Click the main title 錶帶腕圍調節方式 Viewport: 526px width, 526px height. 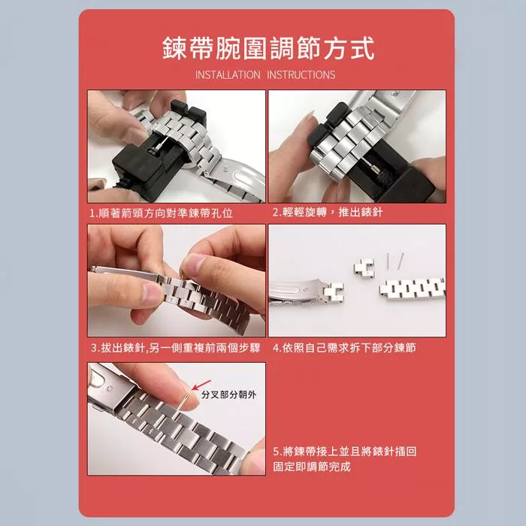click(268, 48)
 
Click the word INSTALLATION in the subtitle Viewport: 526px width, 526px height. click(228, 75)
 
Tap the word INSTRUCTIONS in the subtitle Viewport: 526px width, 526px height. click(301, 75)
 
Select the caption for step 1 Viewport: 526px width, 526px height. click(161, 213)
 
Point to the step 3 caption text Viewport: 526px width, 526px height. click(175, 348)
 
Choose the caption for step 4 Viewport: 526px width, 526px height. click(344, 348)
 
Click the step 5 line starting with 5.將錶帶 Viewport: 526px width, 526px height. click(345, 451)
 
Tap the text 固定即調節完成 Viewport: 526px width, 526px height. click(312, 467)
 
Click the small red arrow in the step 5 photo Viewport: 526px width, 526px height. click(201, 385)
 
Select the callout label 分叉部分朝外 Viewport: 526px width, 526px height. click(229, 394)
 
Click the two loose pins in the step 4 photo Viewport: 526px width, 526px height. click(394, 261)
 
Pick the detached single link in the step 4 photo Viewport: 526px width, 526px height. click(364, 269)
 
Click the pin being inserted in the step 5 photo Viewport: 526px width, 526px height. click(184, 404)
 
